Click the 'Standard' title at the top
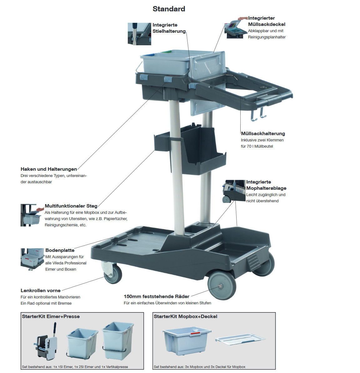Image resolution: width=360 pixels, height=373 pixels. [169, 9]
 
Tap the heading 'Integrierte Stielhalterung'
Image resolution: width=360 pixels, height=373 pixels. [169, 28]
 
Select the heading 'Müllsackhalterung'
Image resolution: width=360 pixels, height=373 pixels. [263, 134]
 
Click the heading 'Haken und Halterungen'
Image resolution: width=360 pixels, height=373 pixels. [49, 169]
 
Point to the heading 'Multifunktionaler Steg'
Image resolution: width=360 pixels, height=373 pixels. [71, 206]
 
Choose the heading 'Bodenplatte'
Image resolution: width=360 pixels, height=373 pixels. [60, 250]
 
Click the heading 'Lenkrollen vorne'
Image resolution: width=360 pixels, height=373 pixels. [41, 291]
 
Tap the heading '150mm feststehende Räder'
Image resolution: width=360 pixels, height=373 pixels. [157, 297]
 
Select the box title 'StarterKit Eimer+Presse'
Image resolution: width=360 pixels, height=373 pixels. [51, 317]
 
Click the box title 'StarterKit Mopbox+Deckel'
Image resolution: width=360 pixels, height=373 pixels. [186, 317]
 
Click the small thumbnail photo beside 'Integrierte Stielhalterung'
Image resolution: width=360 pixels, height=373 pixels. [139, 34]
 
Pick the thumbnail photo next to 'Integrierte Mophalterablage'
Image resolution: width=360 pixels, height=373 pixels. [234, 191]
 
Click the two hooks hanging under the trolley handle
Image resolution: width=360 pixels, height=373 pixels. [258, 114]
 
